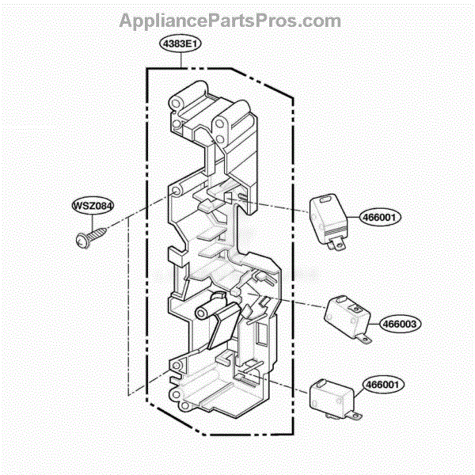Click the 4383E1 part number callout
click(x=180, y=44)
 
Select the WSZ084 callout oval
click(x=93, y=206)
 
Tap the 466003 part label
click(x=400, y=324)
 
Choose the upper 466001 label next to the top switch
click(x=379, y=217)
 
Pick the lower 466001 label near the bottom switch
click(x=383, y=385)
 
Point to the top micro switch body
click(x=328, y=218)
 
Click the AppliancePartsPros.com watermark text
click(x=230, y=21)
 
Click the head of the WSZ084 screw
click(x=82, y=241)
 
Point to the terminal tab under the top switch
click(x=337, y=243)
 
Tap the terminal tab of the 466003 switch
click(x=364, y=338)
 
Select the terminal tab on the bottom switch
click(x=354, y=416)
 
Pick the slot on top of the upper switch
click(x=326, y=199)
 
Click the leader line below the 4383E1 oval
click(x=181, y=60)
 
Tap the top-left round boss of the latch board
click(x=176, y=104)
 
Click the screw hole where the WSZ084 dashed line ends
click(x=176, y=191)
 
